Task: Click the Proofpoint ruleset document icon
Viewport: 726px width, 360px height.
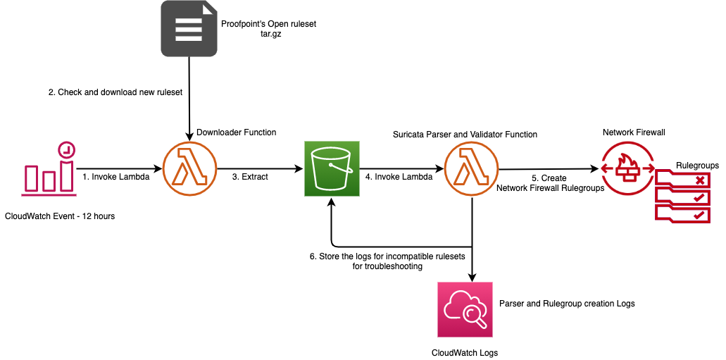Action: [188, 28]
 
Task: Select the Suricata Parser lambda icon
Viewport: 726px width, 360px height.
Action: [471, 169]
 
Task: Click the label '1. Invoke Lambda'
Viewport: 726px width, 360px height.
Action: [115, 177]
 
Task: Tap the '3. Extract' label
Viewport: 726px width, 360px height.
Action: [250, 177]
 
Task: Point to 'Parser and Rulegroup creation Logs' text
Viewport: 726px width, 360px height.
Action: [567, 304]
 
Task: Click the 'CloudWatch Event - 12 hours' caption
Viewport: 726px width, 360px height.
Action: [59, 216]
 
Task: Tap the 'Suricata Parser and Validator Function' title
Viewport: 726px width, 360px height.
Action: [465, 134]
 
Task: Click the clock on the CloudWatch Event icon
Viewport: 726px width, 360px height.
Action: [66, 149]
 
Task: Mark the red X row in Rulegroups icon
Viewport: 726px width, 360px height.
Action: [679, 180]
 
